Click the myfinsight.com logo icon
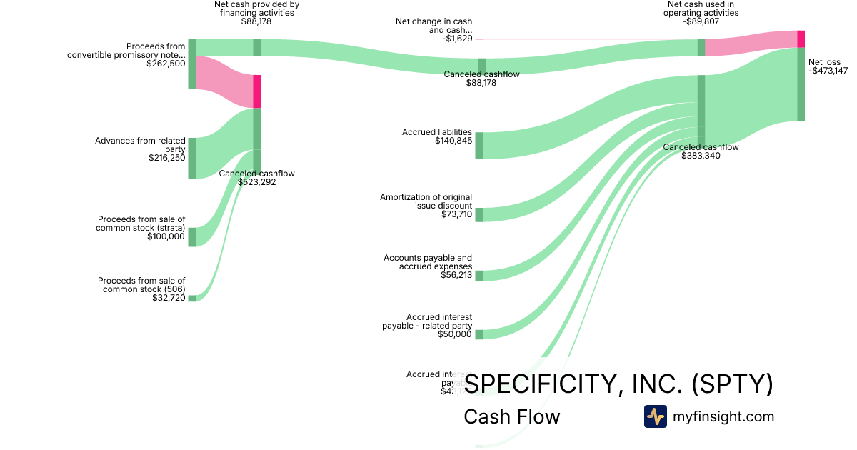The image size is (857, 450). [655, 416]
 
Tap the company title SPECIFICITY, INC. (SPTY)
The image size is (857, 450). [618, 384]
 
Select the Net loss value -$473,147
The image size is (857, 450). [828, 71]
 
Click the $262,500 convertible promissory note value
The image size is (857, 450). [166, 64]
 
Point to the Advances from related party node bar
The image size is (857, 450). [192, 158]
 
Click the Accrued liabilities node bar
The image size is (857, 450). [479, 146]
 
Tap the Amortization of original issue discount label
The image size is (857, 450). [426, 201]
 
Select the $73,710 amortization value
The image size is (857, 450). [456, 214]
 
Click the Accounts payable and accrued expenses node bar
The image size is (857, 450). [479, 276]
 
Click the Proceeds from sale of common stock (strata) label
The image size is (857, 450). [141, 224]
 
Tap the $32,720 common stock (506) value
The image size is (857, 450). [169, 298]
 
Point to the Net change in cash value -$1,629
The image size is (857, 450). [453, 39]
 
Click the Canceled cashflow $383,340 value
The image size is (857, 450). [701, 156]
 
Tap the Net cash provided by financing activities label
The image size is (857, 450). [256, 9]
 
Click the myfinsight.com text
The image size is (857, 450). [723, 416]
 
